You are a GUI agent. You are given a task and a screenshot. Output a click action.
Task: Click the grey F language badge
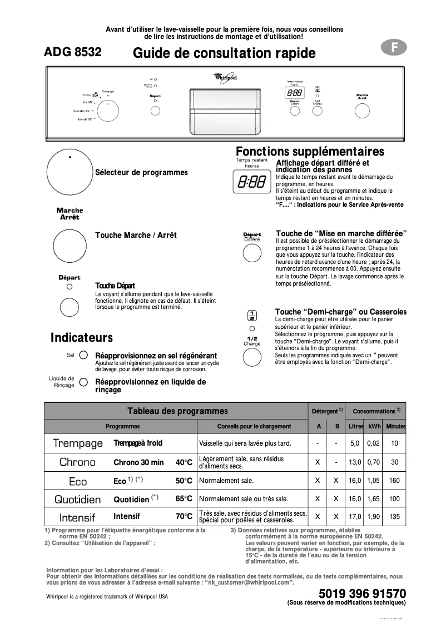click(394, 48)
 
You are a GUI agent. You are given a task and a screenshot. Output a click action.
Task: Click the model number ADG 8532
click(73, 53)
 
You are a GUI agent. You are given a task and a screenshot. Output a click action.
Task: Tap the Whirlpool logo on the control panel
click(225, 78)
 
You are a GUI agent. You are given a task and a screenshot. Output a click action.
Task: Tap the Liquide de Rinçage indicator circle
click(83, 382)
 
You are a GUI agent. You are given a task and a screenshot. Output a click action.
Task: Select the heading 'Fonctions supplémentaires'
click(310, 152)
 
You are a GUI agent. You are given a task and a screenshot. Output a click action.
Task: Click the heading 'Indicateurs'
click(82, 338)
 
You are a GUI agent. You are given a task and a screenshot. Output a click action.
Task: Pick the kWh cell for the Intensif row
click(374, 517)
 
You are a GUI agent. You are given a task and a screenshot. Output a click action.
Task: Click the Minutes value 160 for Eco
click(394, 481)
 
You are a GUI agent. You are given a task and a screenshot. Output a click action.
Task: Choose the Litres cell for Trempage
click(355, 443)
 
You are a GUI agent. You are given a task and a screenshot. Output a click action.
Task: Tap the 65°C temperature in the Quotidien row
click(184, 499)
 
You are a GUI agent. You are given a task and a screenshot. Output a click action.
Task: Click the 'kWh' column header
click(374, 426)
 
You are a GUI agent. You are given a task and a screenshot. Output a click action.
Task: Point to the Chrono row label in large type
click(77, 462)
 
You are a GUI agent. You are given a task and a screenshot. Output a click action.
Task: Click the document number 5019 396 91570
click(362, 593)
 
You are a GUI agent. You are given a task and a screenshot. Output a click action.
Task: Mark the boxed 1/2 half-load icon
click(252, 316)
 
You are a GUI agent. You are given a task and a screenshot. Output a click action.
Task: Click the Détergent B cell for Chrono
click(336, 462)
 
